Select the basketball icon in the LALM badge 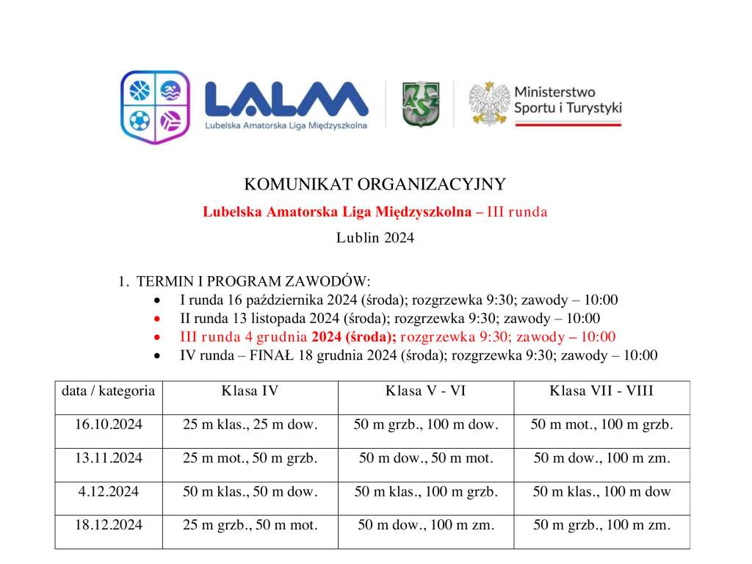click(139, 91)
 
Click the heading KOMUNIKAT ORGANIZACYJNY click(375, 184)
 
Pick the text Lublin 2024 click(375, 237)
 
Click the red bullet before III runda click(157, 337)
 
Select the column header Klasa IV click(250, 391)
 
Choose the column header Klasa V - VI click(426, 391)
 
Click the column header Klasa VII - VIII click(601, 391)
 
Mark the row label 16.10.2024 click(109, 424)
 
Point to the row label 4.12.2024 click(109, 491)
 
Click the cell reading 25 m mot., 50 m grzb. click(250, 458)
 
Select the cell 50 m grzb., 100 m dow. click(426, 424)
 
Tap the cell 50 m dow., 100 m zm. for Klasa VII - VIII click(601, 458)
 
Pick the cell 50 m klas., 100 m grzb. click(426, 491)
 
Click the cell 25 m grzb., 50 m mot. click(250, 525)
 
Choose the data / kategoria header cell click(109, 391)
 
